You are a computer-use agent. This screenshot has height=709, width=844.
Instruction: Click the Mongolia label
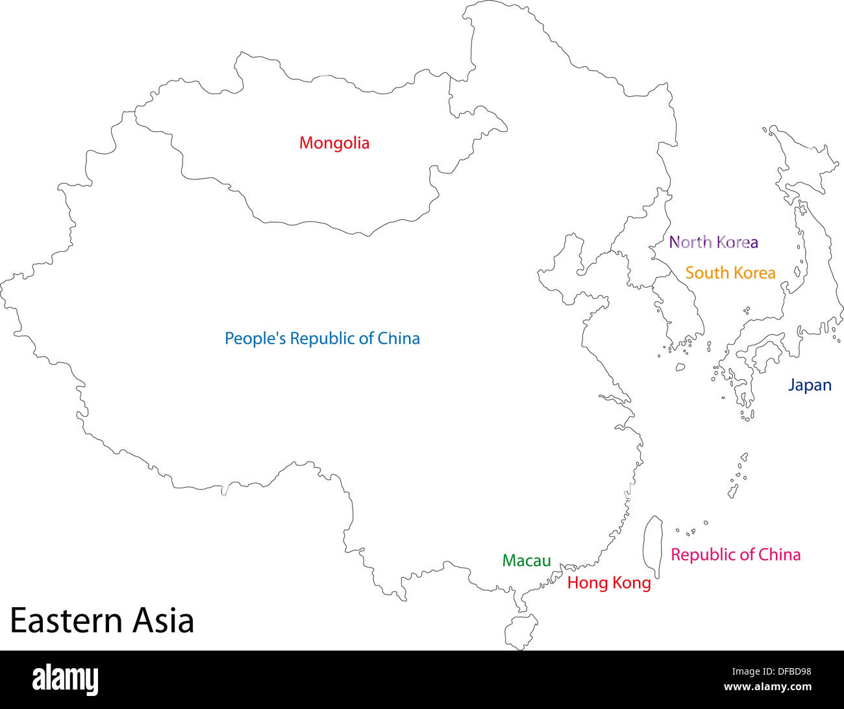tap(334, 143)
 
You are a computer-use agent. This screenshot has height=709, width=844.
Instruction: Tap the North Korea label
tap(713, 242)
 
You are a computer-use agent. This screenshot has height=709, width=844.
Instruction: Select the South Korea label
tap(730, 273)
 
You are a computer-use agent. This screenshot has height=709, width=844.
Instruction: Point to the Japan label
tap(809, 385)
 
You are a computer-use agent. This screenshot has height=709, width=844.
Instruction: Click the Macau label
tap(526, 560)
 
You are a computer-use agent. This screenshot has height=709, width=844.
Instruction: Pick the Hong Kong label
tap(608, 582)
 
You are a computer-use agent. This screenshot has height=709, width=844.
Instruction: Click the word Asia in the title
tap(164, 620)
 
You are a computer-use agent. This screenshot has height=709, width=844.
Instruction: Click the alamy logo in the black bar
tap(66, 680)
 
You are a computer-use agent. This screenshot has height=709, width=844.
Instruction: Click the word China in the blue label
tap(399, 338)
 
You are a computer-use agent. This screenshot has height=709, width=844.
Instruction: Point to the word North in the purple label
tap(690, 242)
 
